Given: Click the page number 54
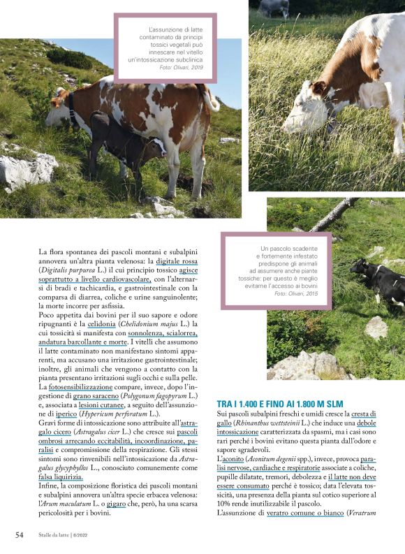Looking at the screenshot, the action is [x=20, y=534].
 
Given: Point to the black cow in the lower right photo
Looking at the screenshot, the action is [x=378, y=279].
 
